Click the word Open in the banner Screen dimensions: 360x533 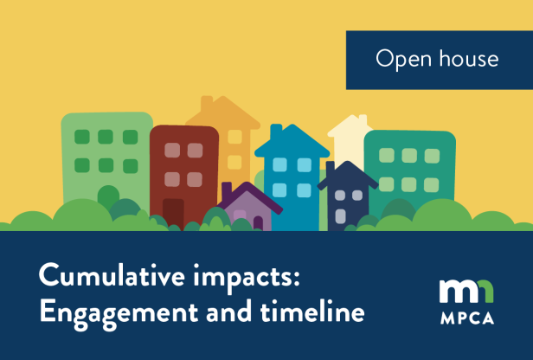pos(401,59)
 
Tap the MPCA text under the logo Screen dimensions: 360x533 pos(467,318)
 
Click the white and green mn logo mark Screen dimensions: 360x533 pos(467,292)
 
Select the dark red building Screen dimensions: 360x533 pos(183,164)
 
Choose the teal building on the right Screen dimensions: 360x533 pos(408,169)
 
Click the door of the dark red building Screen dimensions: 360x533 pos(173,211)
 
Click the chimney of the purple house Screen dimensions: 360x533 pos(228,190)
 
